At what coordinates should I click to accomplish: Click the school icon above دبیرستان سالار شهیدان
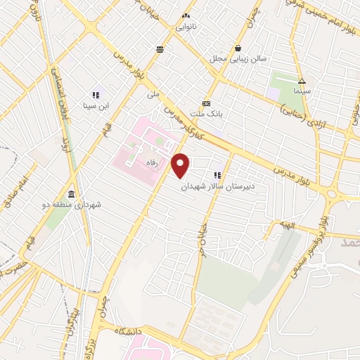(217, 175)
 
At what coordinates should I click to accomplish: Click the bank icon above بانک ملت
(207, 102)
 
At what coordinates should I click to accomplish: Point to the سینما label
(301, 92)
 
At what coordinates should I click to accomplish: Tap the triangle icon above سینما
(301, 81)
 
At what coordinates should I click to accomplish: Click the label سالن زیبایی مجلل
(232, 59)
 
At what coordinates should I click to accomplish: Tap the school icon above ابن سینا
(96, 94)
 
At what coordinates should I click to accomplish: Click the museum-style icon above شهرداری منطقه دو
(72, 193)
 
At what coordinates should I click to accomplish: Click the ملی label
(153, 93)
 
